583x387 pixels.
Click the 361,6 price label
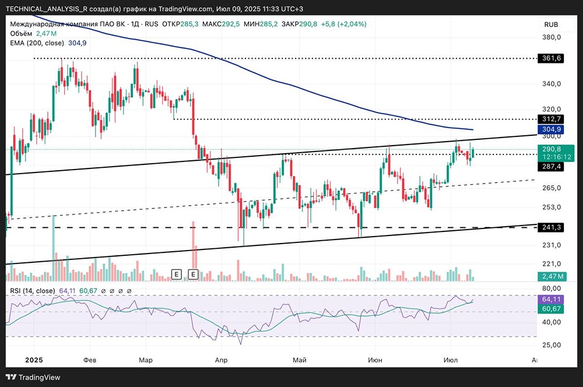(551, 59)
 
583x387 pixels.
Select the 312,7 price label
(551, 119)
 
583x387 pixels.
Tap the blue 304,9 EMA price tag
(551, 129)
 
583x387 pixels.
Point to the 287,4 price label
(551, 167)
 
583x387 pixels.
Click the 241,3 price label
(551, 227)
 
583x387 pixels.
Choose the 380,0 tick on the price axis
(551, 37)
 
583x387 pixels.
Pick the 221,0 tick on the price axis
(551, 263)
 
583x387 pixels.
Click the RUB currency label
(551, 24)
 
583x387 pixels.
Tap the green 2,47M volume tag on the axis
(551, 276)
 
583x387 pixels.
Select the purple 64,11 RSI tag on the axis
(551, 298)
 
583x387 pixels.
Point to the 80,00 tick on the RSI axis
(551, 288)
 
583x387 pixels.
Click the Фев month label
(90, 360)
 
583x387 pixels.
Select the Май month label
(299, 360)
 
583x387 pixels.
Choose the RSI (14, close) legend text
(33, 291)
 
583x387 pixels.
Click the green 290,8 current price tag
(551, 150)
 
